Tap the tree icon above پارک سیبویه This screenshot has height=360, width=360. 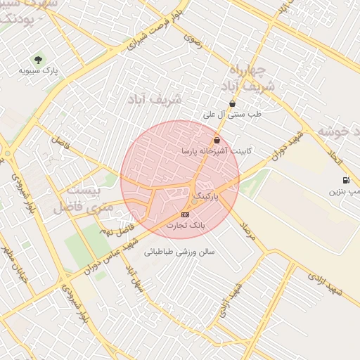pos(38,60)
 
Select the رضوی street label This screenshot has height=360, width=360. pos(193,41)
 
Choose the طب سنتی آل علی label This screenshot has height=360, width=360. pos(232,113)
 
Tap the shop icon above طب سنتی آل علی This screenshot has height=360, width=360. pos(232,103)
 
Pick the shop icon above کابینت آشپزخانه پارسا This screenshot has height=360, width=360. pos(217,140)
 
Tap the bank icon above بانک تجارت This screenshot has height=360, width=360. pos(185,214)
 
